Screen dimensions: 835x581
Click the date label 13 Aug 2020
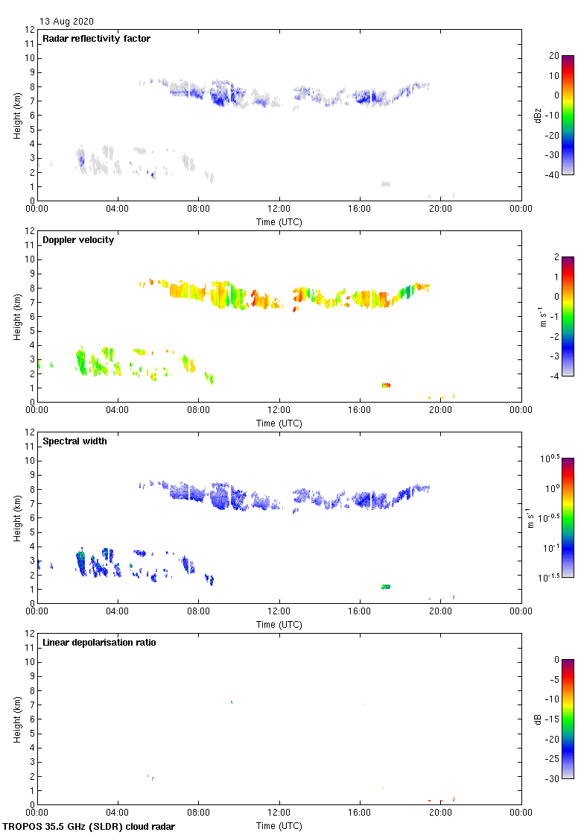pyautogui.click(x=67, y=22)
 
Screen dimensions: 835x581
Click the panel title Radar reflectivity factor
pyautogui.click(x=96, y=39)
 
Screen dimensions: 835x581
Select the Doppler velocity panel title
pyautogui.click(x=78, y=240)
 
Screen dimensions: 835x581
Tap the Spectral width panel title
pyautogui.click(x=75, y=441)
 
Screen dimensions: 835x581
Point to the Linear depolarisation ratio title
pyautogui.click(x=99, y=643)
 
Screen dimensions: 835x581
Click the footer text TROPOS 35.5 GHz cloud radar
pyautogui.click(x=89, y=827)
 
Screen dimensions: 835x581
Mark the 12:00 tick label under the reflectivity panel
pyautogui.click(x=279, y=209)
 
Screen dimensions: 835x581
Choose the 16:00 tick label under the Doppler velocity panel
pyautogui.click(x=360, y=410)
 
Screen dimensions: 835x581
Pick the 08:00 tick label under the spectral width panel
pyautogui.click(x=198, y=611)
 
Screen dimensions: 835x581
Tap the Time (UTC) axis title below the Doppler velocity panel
pyautogui.click(x=279, y=423)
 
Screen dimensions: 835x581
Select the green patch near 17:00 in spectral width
pyautogui.click(x=386, y=587)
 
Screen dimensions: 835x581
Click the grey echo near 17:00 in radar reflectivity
pyautogui.click(x=386, y=183)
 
